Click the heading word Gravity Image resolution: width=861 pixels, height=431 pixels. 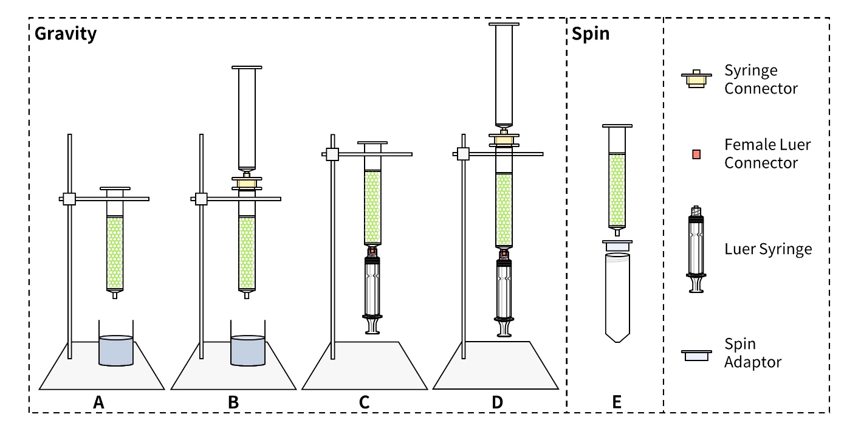[x=66, y=34]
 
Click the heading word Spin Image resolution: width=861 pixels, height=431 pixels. [x=591, y=34]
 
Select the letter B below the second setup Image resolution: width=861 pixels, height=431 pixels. [x=233, y=402]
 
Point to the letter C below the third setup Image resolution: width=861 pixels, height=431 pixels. [x=365, y=402]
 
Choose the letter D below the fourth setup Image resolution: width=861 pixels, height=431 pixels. [x=497, y=402]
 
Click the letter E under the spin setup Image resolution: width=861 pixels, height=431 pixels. [x=617, y=402]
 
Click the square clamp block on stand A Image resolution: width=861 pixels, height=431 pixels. [x=69, y=199]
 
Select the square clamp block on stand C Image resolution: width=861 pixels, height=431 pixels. [x=332, y=154]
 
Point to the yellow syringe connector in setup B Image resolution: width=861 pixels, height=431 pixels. [x=247, y=183]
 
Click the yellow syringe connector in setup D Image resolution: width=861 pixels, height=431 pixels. [x=503, y=140]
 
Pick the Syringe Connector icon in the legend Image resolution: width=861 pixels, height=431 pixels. [x=696, y=80]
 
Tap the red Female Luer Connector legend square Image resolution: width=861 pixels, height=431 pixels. [x=696, y=154]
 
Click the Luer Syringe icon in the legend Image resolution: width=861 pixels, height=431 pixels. [x=696, y=249]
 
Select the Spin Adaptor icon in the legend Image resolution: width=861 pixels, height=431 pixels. [x=696, y=355]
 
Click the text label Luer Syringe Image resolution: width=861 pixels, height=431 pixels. [x=768, y=249]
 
